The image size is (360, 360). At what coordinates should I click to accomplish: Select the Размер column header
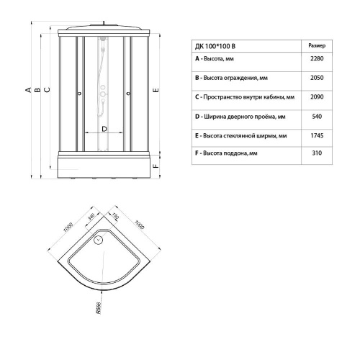coord(316,44)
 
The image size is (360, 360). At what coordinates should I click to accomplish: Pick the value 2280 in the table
coord(315,60)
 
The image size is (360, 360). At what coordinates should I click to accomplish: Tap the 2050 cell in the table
coord(315,78)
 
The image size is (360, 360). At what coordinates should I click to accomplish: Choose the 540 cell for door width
coord(315,116)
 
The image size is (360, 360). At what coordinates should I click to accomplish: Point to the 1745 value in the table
coord(315,135)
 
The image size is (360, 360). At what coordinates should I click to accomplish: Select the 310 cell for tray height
coord(315,153)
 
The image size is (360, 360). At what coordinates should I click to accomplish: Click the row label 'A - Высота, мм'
coord(218,60)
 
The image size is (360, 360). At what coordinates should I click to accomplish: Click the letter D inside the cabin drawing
coord(104,128)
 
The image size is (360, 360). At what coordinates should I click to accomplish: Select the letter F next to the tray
coord(156,163)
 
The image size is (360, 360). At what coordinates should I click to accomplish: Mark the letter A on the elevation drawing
coord(28,89)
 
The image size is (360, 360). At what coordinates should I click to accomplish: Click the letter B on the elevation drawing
coord(37,89)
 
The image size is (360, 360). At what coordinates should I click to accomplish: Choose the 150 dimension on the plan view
coord(114,216)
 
